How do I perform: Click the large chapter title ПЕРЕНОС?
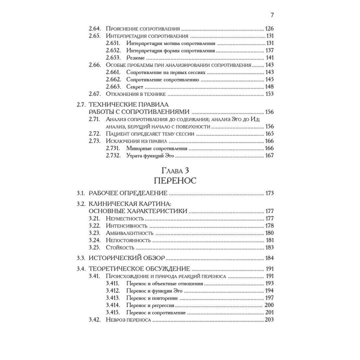(179, 179)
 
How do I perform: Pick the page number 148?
(269, 86)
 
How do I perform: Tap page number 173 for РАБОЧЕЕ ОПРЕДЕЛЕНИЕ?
(269, 193)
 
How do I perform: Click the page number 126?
(269, 29)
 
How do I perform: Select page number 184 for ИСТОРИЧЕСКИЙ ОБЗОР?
(269, 258)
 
